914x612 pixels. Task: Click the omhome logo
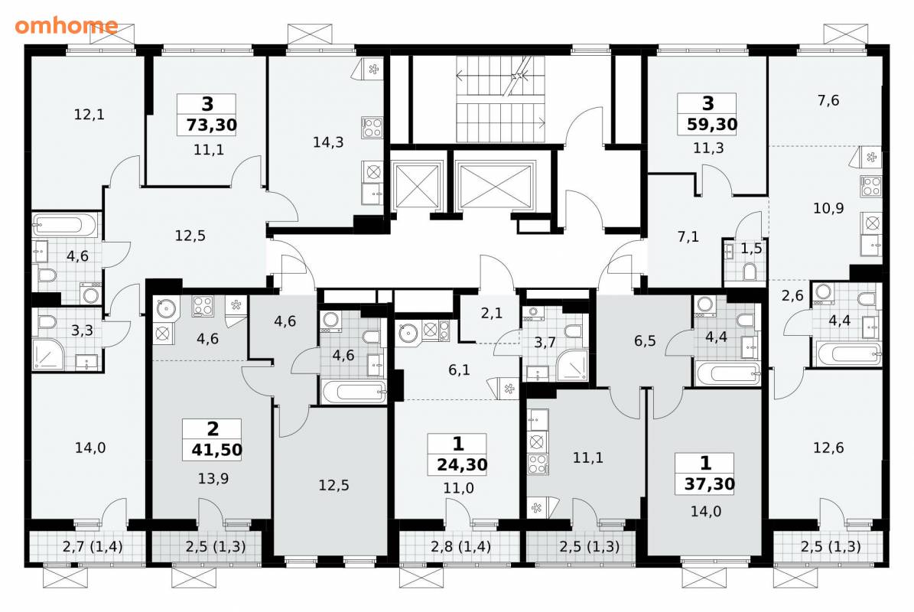[66, 25]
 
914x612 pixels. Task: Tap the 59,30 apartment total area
[712, 124]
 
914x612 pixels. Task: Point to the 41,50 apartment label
[217, 450]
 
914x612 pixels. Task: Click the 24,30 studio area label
[462, 464]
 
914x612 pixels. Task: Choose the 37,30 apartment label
[709, 483]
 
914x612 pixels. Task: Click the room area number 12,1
[89, 114]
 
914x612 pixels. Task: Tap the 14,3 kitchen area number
[328, 142]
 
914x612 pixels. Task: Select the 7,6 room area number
[828, 100]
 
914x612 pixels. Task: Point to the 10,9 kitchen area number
[828, 208]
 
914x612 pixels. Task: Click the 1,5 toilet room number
[751, 249]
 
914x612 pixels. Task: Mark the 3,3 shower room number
[82, 330]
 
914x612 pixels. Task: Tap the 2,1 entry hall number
[491, 313]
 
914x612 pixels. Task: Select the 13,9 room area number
[213, 479]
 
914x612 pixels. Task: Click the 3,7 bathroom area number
[545, 342]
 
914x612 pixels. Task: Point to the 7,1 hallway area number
[688, 236]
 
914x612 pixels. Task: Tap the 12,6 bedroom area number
[828, 448]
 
